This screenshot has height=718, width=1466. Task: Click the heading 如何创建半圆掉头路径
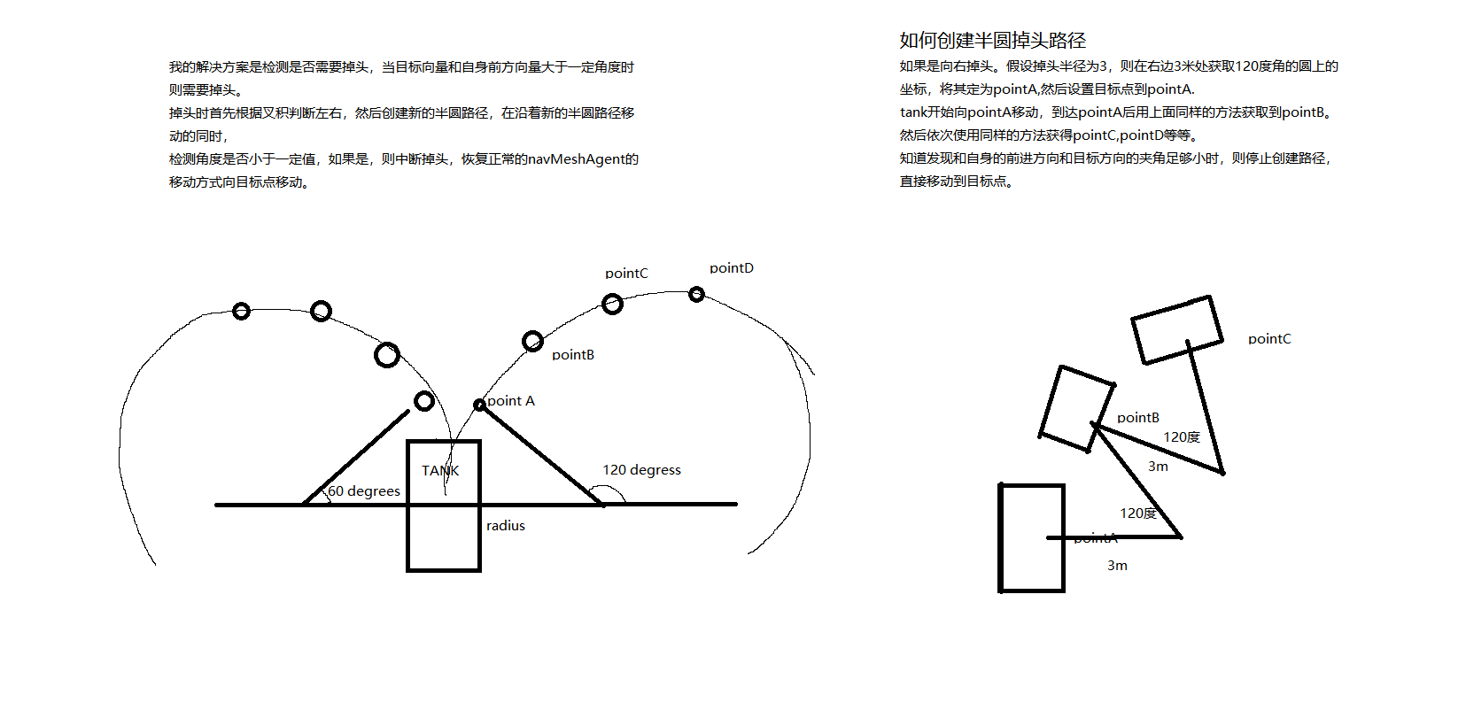pos(992,41)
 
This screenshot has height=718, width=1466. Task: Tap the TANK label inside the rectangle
pos(440,470)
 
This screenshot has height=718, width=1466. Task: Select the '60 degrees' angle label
pos(364,491)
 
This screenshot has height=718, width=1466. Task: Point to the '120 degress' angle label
pos(641,470)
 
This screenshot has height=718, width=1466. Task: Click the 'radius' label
pos(505,526)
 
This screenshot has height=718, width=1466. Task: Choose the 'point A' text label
pos(511,401)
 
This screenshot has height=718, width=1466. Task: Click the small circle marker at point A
pos(479,405)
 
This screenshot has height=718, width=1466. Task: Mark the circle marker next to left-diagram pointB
pos(532,341)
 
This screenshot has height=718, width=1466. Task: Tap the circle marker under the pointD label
pos(696,294)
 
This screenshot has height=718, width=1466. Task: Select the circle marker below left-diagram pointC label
pos(612,305)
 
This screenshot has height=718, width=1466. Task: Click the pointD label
pos(731,268)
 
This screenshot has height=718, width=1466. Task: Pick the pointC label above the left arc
pos(626,274)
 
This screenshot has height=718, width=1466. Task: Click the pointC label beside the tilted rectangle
pos(1268,339)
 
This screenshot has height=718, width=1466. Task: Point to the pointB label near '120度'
pos(1137,418)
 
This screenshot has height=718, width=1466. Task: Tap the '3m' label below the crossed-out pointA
pos(1117,566)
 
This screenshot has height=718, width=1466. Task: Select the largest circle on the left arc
pos(387,355)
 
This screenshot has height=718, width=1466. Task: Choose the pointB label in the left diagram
pos(572,355)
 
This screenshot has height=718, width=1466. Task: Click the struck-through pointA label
pos(1096,538)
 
